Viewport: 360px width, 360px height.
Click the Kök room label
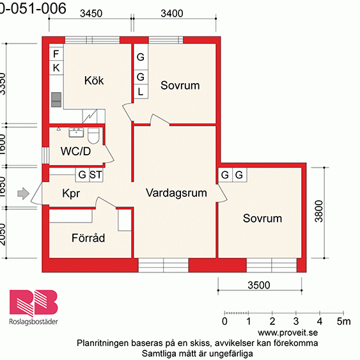point(94,81)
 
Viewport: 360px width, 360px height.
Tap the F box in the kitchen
point(56,54)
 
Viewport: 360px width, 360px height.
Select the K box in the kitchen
point(56,68)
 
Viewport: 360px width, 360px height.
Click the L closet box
point(141,91)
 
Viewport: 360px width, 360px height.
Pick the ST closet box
point(96,175)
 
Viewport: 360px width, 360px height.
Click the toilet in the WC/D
point(93,136)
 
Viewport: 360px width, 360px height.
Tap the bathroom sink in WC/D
point(75,133)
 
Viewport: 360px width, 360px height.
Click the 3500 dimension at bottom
point(258,285)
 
